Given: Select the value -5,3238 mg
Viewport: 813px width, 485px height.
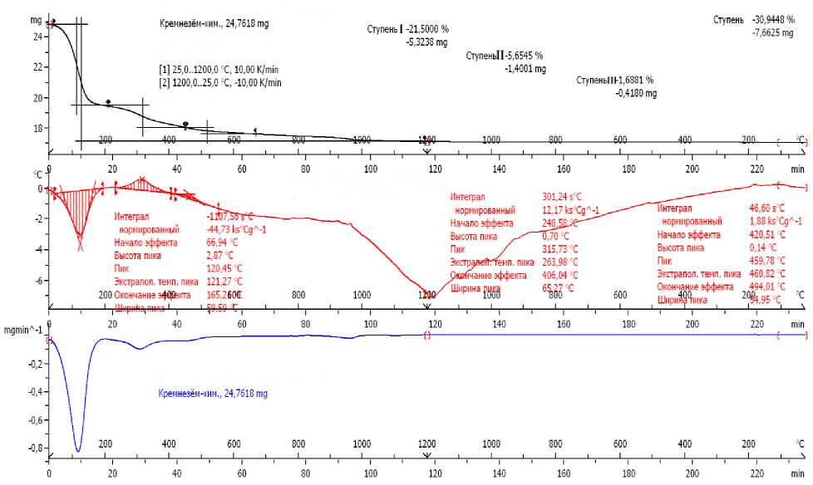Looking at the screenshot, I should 426,42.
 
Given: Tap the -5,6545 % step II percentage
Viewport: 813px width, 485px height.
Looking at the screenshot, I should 525,56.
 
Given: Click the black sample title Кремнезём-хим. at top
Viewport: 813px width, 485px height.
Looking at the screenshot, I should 214,24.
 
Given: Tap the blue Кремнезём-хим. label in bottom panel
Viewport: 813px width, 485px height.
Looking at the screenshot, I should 213,394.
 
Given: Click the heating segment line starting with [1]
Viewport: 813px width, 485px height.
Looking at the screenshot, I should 219,70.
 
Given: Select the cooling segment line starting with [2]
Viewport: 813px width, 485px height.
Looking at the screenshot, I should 219,82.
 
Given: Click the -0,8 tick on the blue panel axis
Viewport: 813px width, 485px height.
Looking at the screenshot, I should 37,449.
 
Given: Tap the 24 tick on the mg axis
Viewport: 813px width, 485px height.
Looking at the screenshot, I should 37,37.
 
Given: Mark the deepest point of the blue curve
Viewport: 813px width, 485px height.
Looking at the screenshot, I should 78,451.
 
